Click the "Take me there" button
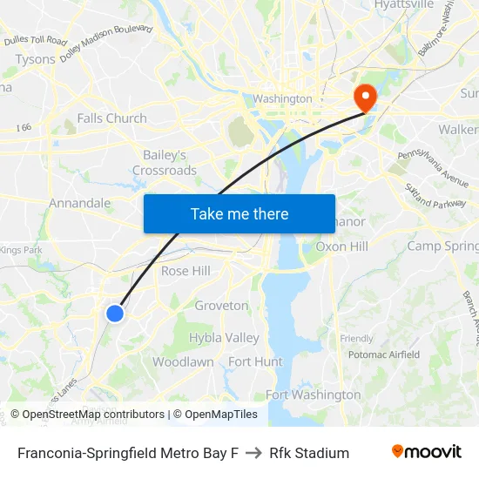click(239, 213)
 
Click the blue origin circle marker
click(114, 314)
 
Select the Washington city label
click(282, 98)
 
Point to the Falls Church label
click(111, 118)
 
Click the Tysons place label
click(35, 59)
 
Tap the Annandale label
click(79, 203)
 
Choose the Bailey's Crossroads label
click(165, 163)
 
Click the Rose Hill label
click(186, 271)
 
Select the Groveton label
click(221, 306)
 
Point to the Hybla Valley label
click(224, 338)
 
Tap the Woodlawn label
click(183, 361)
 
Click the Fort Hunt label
click(255, 361)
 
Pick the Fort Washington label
click(313, 395)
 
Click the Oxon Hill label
click(341, 246)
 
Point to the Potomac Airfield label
click(383, 354)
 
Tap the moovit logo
click(426, 452)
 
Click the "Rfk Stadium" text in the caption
click(309, 453)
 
